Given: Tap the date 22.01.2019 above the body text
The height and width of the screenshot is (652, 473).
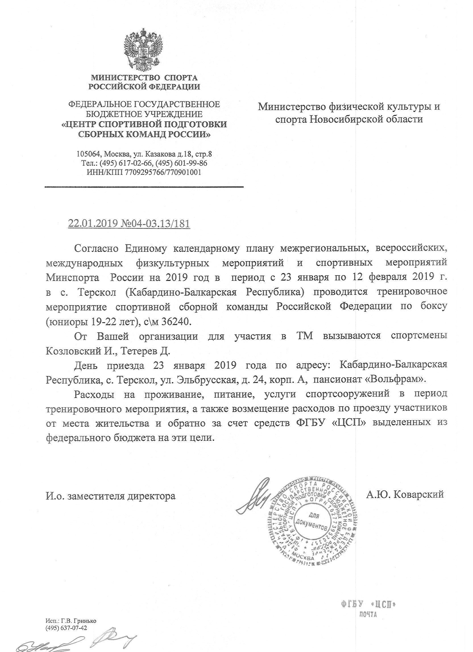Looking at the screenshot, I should click(x=93, y=223).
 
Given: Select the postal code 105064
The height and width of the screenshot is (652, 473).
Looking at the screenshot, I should click(x=88, y=154).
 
